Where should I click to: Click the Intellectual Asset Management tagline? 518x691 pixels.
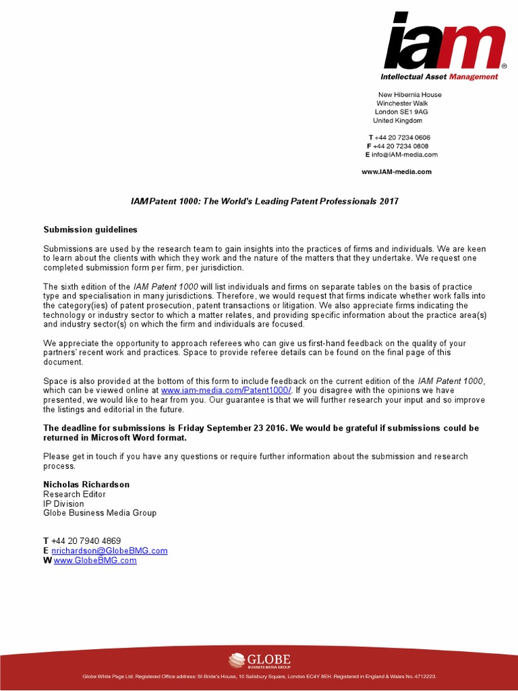click(440, 77)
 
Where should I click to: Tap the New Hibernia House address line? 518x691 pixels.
click(409, 95)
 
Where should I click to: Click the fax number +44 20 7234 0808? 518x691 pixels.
click(401, 146)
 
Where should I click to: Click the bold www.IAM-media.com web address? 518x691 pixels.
click(397, 172)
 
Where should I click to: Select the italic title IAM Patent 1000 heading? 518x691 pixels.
click(264, 202)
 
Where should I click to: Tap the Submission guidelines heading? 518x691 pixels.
click(90, 230)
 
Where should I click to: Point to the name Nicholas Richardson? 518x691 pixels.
click(86, 485)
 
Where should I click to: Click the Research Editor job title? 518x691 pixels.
click(74, 494)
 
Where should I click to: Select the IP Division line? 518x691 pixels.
click(64, 503)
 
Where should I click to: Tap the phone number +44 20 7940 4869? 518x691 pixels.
click(86, 541)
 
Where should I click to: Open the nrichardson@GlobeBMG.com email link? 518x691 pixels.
click(109, 551)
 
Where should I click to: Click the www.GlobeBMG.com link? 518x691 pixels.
click(95, 560)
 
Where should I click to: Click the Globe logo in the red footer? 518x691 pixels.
click(259, 659)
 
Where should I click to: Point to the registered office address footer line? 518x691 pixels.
click(259, 676)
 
